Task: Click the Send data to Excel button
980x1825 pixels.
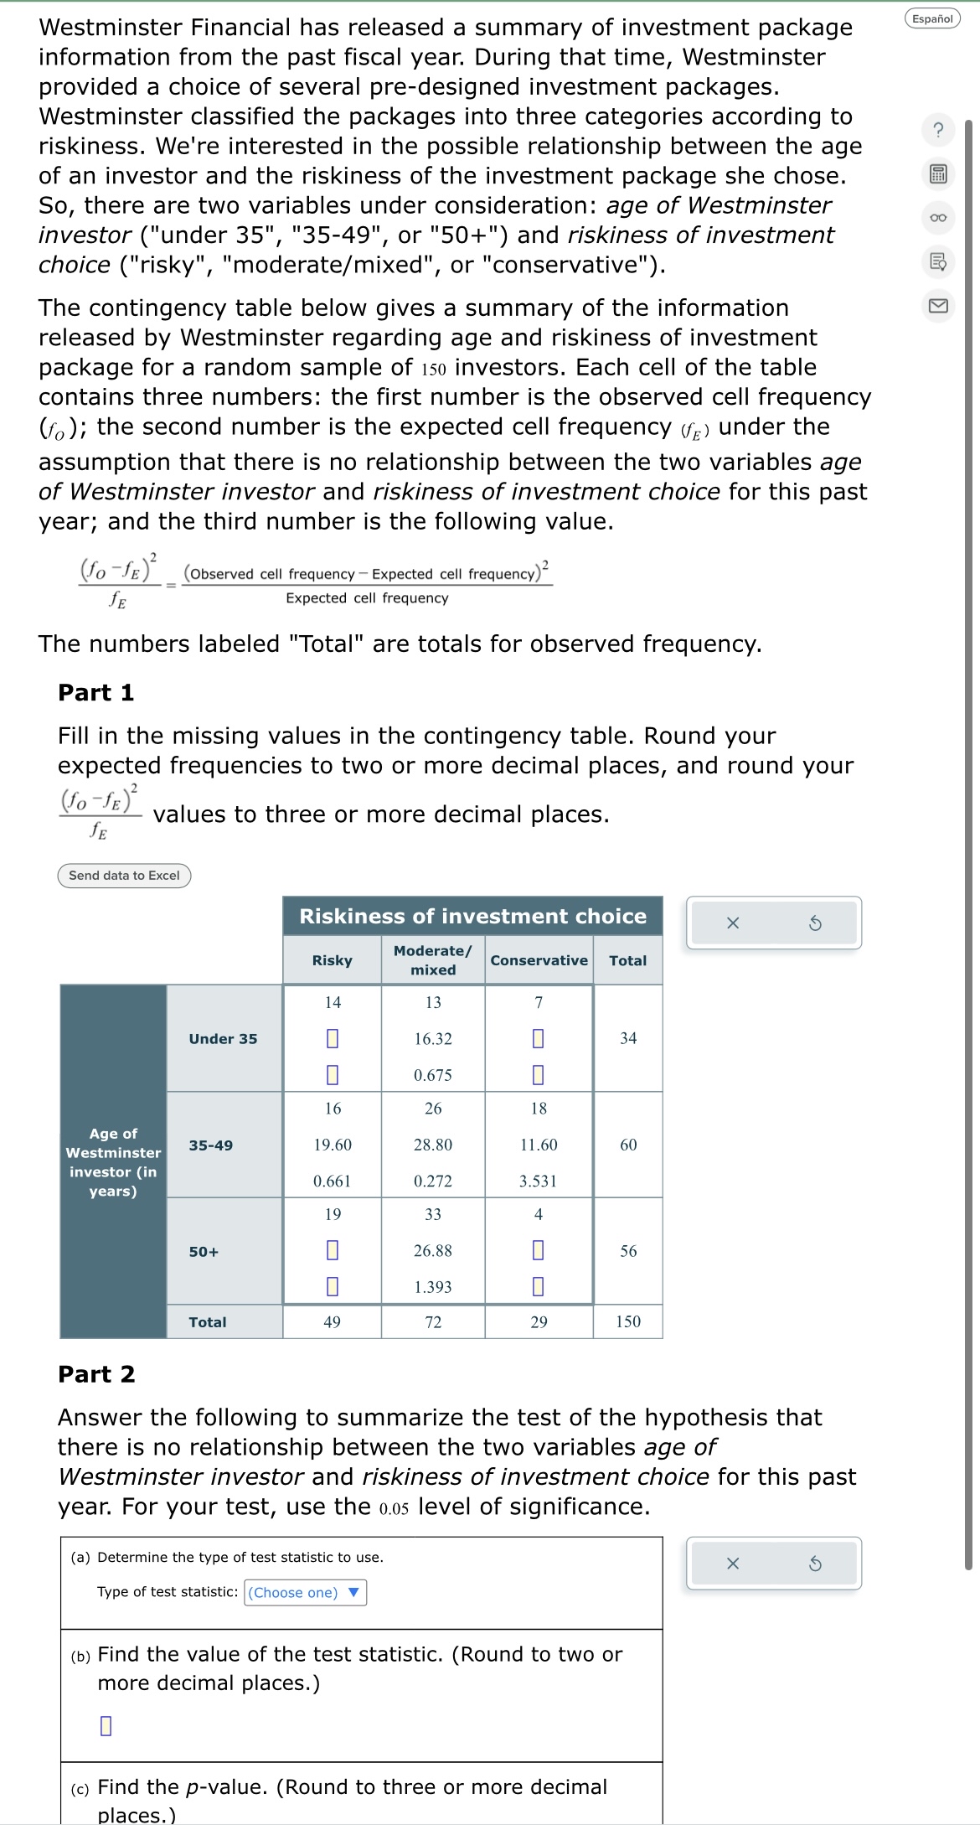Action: (x=124, y=876)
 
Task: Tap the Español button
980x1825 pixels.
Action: (x=932, y=18)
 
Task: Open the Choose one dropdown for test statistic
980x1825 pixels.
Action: (x=306, y=1592)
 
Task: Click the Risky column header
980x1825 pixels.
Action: (x=332, y=960)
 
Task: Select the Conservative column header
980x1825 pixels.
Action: (x=539, y=960)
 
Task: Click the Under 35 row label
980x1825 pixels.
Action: (x=223, y=1038)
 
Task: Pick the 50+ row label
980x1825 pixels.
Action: (x=204, y=1251)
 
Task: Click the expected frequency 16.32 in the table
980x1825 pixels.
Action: (x=433, y=1038)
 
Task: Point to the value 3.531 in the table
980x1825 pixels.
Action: (x=538, y=1181)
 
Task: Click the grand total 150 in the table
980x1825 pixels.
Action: (x=627, y=1321)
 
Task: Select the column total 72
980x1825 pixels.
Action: (x=433, y=1321)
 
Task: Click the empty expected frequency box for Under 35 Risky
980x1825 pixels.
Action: (x=332, y=1038)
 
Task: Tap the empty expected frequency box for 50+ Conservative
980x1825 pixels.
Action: (x=539, y=1250)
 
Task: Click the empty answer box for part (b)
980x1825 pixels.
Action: (x=106, y=1725)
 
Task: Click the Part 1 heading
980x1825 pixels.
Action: (x=95, y=692)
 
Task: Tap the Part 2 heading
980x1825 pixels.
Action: (x=95, y=1374)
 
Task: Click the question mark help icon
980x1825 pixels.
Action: (x=938, y=130)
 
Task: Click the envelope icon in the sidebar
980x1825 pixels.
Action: (x=938, y=305)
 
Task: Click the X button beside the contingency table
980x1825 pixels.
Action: (x=733, y=923)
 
